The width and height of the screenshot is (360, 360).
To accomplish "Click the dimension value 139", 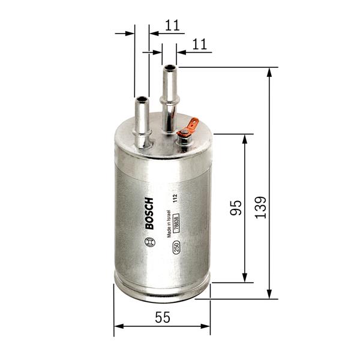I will click(260, 207).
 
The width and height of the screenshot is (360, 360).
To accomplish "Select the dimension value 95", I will click(236, 208).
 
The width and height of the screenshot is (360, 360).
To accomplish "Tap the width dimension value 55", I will click(162, 318).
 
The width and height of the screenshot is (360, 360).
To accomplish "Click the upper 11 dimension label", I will click(172, 25).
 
